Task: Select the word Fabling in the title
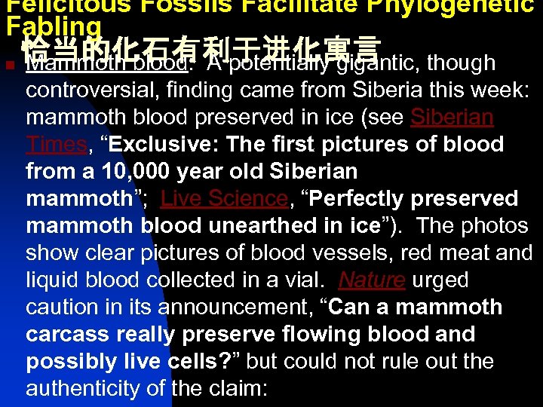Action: [53, 27]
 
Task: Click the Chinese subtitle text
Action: [200, 48]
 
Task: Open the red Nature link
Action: [372, 280]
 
